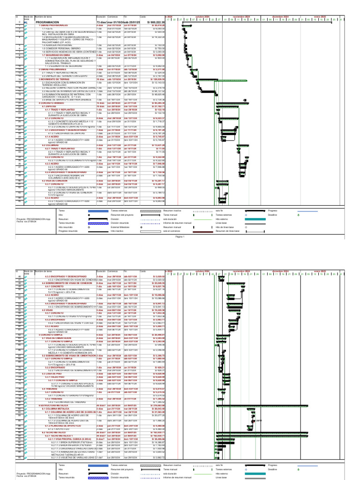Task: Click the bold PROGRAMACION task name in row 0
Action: pyautogui.click(x=47, y=22)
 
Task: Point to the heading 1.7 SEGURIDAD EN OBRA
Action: pyautogui.click(x=54, y=55)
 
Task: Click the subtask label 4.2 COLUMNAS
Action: pyautogui.click(x=49, y=145)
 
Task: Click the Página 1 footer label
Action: pyautogui.click(x=180, y=237)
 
